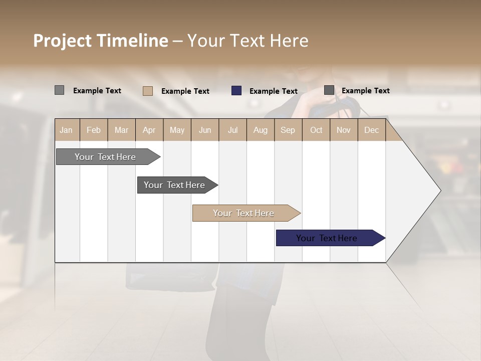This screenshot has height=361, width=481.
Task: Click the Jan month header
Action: pos(67,130)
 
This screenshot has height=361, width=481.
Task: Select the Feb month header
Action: pos(94,130)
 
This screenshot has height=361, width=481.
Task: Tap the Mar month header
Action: pos(121,130)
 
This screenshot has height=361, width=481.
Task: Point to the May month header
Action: pos(177,130)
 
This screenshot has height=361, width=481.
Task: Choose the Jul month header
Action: pos(232,130)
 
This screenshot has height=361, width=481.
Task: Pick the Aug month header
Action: pos(261,130)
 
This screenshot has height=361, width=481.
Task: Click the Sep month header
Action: pos(288,130)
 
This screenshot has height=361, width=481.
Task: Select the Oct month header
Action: pos(316,130)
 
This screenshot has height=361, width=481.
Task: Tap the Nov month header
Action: pos(344,130)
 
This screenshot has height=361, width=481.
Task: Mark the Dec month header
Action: pos(372,130)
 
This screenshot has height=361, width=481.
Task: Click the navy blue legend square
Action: pos(236,91)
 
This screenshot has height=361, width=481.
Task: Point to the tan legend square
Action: pos(148,91)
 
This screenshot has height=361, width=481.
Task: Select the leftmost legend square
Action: pos(60,90)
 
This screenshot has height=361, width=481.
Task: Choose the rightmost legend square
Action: pos(329,90)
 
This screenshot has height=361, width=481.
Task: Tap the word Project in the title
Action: pos(63,41)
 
